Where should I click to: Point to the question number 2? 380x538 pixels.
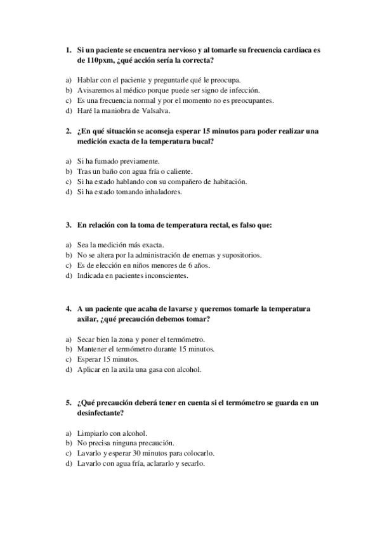click(x=68, y=131)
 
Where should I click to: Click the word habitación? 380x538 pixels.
click(x=225, y=181)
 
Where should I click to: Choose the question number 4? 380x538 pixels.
click(x=68, y=308)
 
